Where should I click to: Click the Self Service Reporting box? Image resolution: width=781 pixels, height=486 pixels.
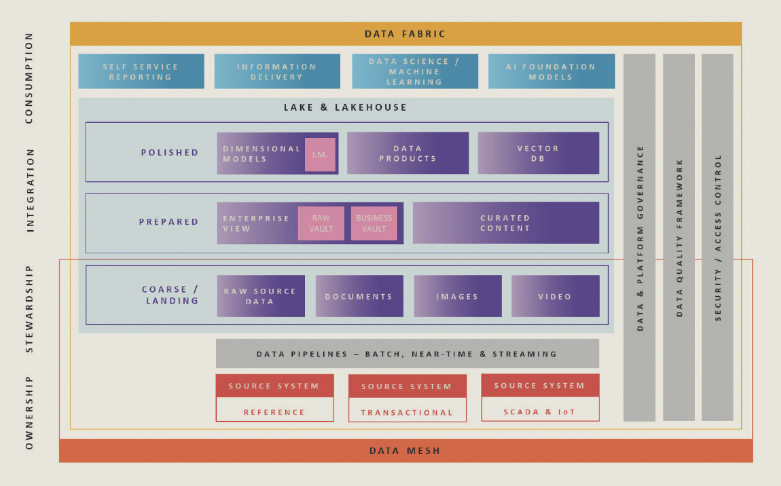(141, 72)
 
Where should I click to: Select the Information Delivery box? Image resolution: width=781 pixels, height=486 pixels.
(277, 72)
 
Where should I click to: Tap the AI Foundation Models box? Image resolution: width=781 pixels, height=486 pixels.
(551, 72)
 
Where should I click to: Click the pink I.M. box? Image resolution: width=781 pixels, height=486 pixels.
(320, 155)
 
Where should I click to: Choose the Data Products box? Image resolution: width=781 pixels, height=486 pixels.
(408, 153)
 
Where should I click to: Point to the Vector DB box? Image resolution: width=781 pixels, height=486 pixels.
(538, 153)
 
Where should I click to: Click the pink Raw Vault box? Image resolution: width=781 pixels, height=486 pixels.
(321, 223)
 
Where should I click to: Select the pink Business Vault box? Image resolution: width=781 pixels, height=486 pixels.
(374, 223)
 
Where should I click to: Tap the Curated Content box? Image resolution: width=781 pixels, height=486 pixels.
(506, 223)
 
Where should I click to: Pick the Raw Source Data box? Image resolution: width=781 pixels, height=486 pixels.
(261, 296)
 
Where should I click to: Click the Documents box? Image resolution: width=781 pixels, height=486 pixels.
(359, 296)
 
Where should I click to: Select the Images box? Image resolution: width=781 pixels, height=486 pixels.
(458, 296)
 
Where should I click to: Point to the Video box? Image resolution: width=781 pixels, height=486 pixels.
(555, 296)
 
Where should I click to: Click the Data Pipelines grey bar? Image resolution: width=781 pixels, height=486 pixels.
(407, 354)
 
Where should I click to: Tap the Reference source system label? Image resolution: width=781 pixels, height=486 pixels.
(275, 412)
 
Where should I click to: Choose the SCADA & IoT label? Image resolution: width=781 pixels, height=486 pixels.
(540, 412)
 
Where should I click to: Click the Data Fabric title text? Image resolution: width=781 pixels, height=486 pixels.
(405, 34)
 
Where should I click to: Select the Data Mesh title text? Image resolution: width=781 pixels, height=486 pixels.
(405, 450)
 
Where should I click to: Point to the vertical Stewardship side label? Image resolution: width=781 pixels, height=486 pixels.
(29, 309)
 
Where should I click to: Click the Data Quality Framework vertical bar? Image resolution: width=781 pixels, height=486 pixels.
(679, 238)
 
